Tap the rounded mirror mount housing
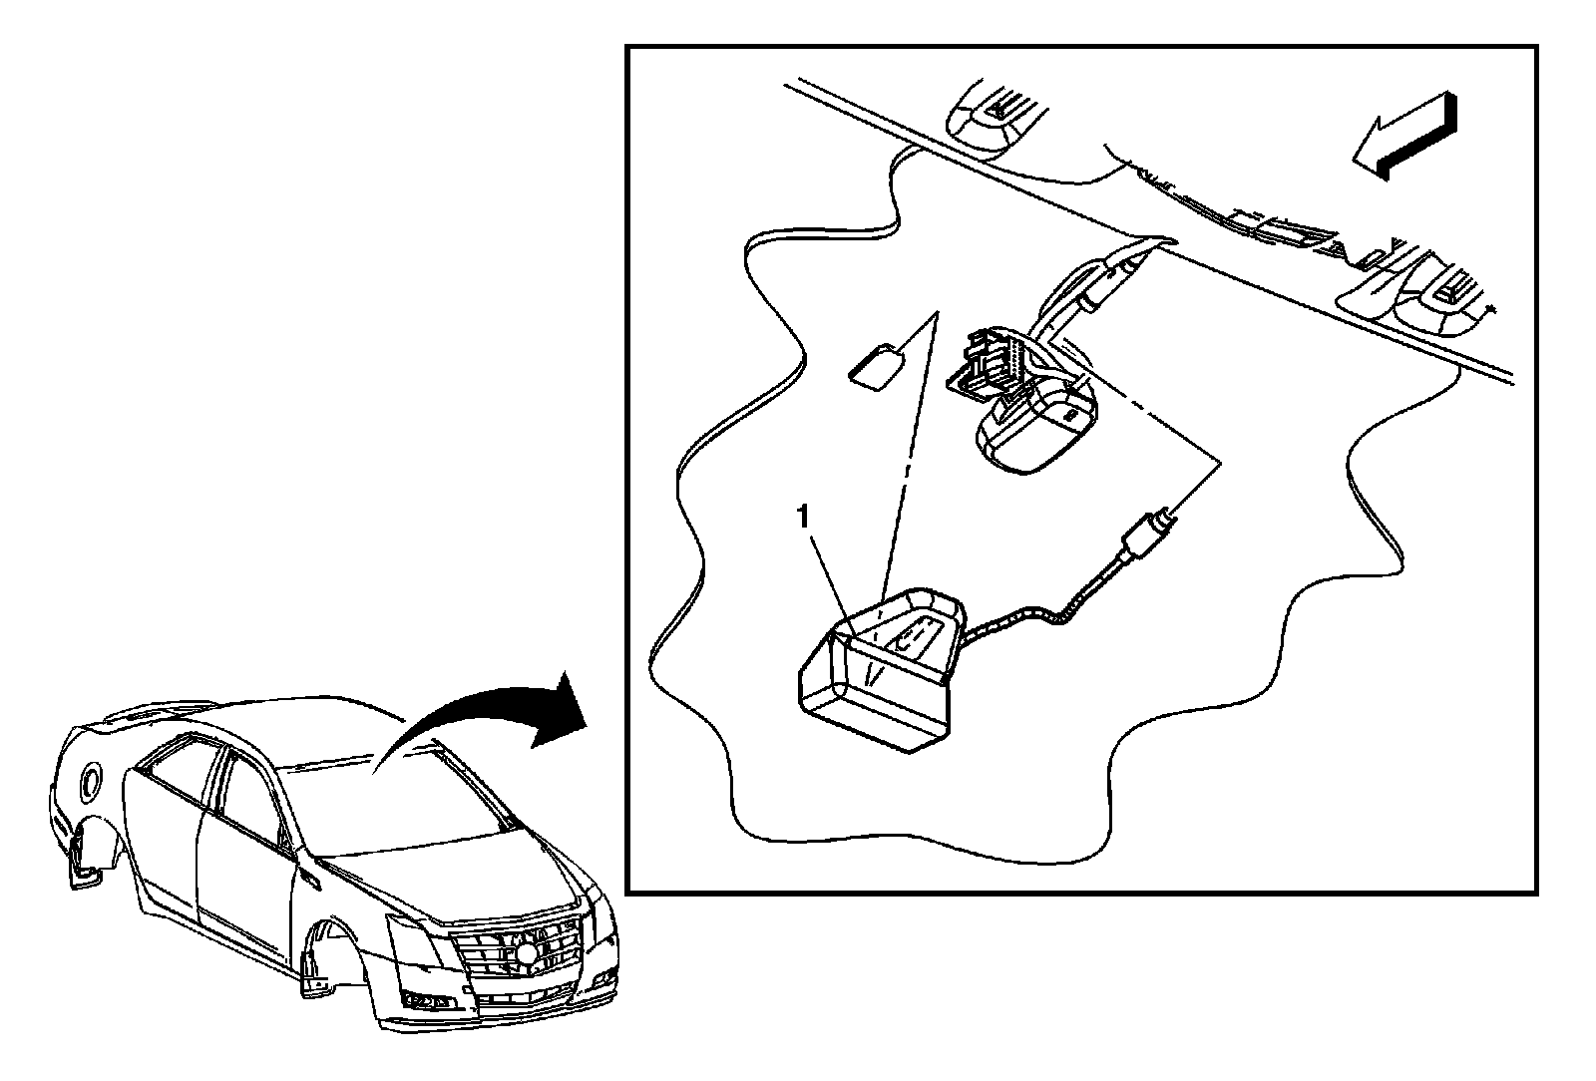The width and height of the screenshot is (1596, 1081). coord(1037,424)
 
